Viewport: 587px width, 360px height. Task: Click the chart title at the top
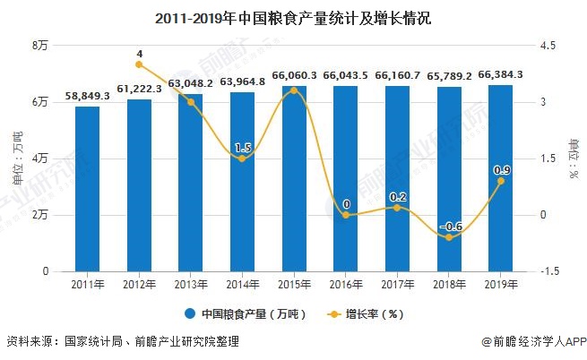(x=293, y=18)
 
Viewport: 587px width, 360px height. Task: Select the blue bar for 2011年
(x=87, y=188)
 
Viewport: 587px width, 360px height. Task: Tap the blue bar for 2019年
(x=500, y=179)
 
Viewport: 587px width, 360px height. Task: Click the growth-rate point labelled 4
(x=139, y=64)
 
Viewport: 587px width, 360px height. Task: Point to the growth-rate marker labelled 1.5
(x=242, y=159)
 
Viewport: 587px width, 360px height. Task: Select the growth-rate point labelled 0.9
(x=500, y=181)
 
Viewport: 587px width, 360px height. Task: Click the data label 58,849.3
(x=87, y=96)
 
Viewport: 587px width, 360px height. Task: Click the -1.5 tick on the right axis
(x=548, y=271)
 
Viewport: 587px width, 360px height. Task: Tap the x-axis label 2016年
(x=346, y=285)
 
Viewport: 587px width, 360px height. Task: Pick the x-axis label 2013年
(x=191, y=285)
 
